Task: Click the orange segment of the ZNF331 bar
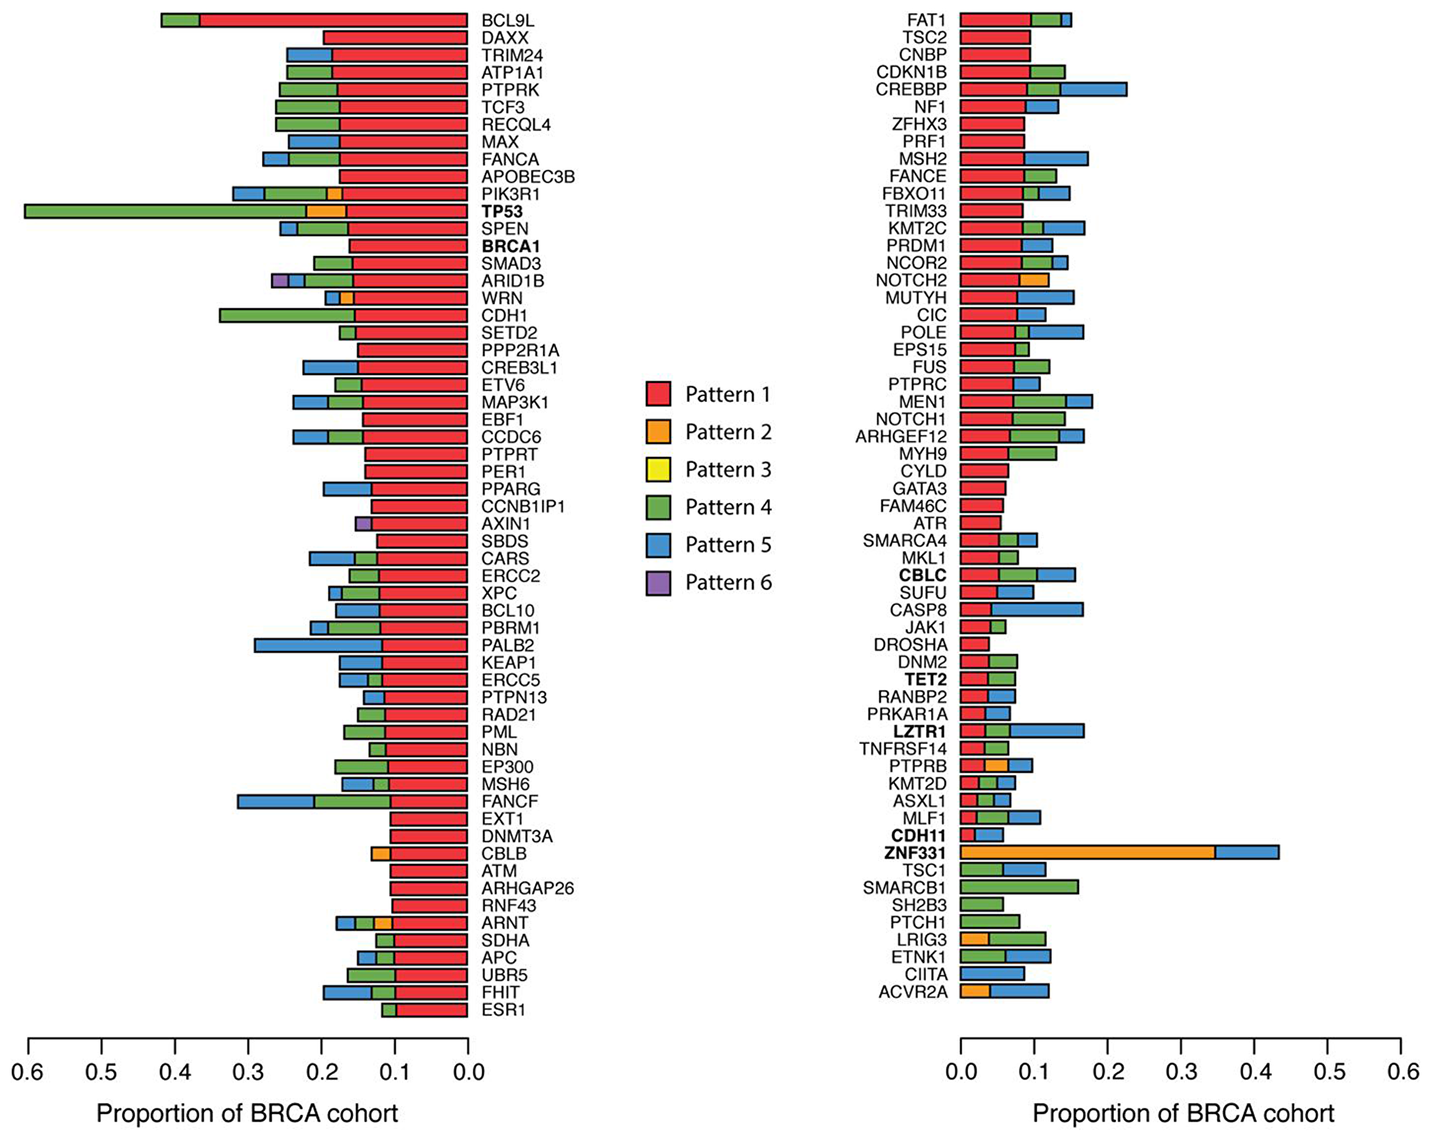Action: pos(1088,852)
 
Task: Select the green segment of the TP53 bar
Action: pos(165,211)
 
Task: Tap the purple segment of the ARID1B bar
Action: pos(280,280)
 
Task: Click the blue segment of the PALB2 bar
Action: pos(318,645)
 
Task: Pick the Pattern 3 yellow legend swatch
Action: pos(658,469)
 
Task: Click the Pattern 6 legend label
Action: pos(728,582)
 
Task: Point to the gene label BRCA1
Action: pos(510,246)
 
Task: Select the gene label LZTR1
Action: pos(919,731)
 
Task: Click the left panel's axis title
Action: pos(247,1113)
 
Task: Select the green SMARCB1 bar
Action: pos(1019,887)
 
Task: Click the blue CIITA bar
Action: pos(992,974)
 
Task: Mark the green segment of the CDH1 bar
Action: pos(287,315)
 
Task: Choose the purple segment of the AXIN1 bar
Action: pos(363,524)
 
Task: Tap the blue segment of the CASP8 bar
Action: pos(1037,609)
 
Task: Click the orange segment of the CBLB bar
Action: pos(381,853)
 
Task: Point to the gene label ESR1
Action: pos(503,1009)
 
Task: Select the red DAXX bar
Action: pos(395,38)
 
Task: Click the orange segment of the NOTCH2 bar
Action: pos(1034,280)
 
